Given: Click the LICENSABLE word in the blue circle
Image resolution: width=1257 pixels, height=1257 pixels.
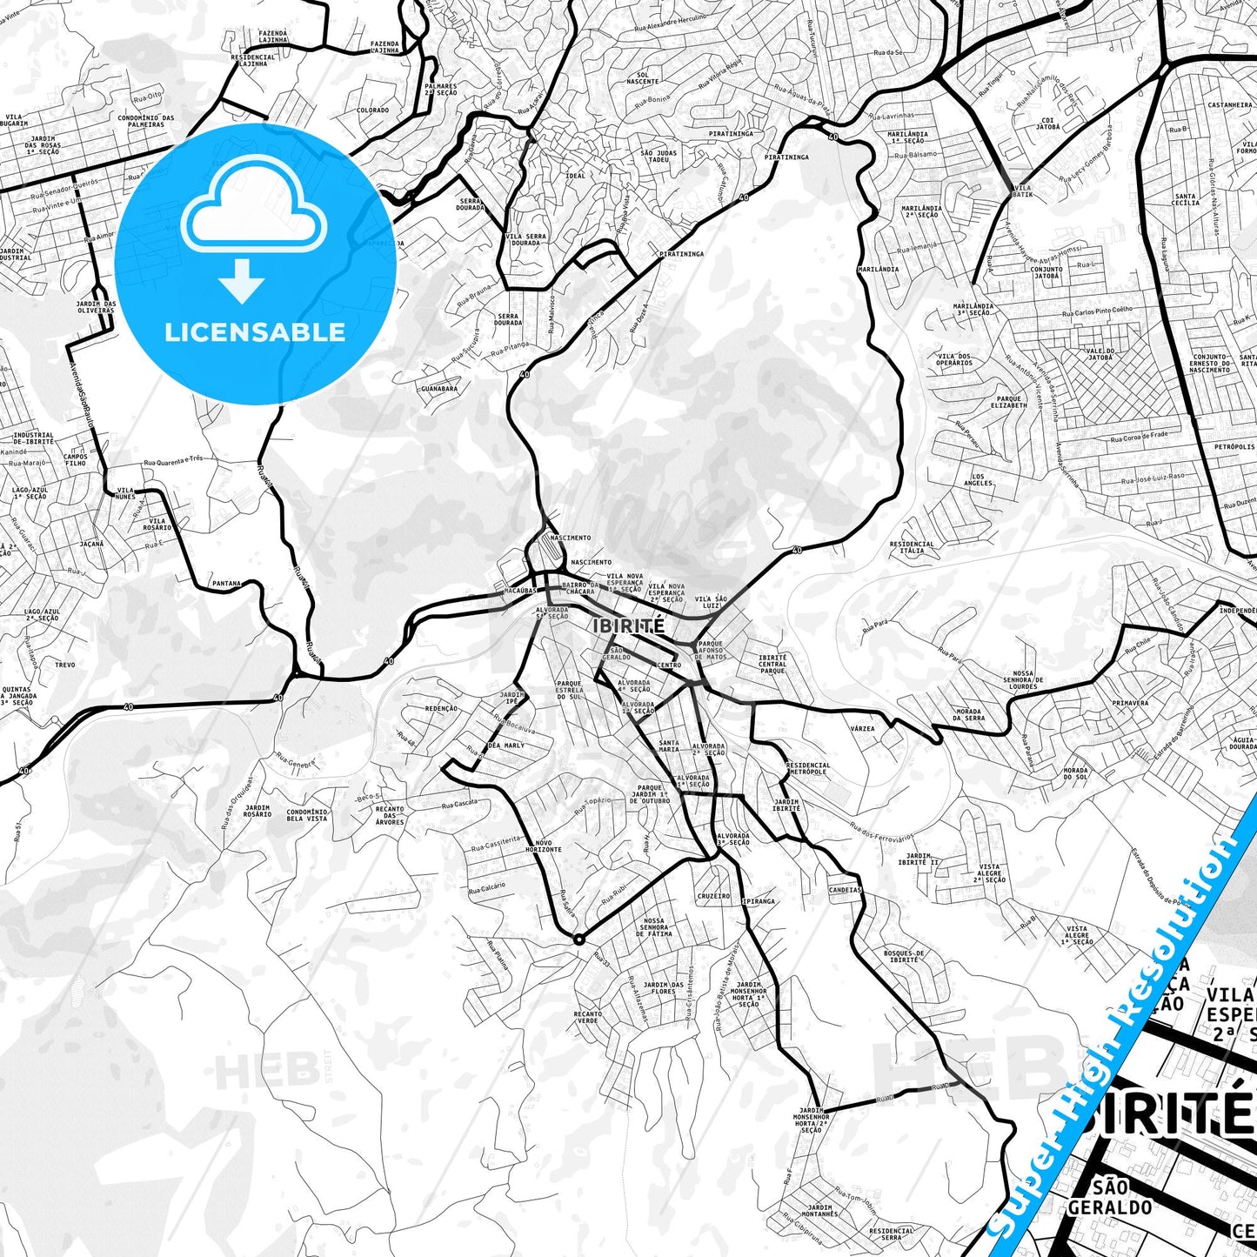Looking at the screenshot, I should tap(255, 332).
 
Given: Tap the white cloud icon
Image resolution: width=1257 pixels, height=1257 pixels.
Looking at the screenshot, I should tap(253, 209).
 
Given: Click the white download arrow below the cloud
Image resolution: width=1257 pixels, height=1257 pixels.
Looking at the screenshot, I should tap(242, 281).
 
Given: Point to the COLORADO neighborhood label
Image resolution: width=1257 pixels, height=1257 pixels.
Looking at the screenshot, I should tap(372, 110).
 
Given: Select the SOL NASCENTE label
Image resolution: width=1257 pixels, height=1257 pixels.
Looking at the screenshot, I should tap(643, 78).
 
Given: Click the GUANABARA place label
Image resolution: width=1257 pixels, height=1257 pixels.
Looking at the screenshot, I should tap(438, 389).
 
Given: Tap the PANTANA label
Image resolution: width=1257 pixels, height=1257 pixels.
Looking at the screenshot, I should tap(226, 584).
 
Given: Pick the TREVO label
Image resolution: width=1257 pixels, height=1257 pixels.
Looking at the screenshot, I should tap(64, 665).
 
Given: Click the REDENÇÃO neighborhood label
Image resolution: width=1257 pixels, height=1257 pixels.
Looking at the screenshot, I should tap(441, 708).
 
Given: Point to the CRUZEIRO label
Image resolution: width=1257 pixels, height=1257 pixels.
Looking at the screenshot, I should tap(713, 896).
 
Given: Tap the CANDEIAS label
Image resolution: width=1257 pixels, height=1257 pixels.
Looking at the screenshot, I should tap(845, 890).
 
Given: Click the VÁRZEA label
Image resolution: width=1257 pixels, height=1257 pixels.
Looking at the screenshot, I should tap(863, 729).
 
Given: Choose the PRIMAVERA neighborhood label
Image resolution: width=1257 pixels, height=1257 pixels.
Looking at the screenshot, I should tap(1130, 703).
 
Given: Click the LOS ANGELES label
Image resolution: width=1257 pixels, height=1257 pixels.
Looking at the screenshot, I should tap(979, 480).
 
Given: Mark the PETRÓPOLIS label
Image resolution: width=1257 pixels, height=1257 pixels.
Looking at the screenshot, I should tap(1235, 447).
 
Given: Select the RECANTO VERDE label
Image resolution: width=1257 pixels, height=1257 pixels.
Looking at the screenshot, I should tap(587, 1017).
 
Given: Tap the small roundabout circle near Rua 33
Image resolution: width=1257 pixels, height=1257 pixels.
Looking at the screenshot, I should tap(578, 939).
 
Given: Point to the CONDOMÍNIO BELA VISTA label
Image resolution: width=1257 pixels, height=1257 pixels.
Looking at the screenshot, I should tap(307, 815).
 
